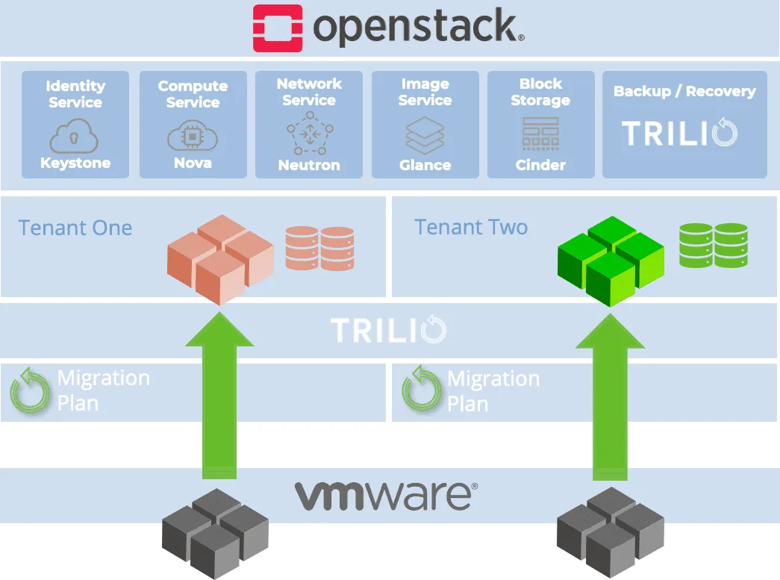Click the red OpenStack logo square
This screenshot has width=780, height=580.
point(278,28)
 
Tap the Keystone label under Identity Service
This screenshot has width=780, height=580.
point(75,163)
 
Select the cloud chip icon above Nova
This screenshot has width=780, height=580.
point(193,137)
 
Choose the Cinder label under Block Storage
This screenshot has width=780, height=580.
point(540,165)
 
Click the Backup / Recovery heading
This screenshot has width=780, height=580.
point(684,92)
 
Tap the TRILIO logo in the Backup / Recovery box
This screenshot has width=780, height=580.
point(680,133)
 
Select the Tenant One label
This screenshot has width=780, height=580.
point(75,228)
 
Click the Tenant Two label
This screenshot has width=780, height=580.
point(471,227)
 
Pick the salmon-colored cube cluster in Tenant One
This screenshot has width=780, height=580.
point(220,258)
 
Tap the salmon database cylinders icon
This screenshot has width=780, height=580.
point(319,249)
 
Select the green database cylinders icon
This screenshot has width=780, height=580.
point(714,246)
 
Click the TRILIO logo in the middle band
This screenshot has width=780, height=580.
point(388,330)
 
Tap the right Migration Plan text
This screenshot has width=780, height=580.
point(493,391)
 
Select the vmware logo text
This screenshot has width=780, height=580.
point(385,495)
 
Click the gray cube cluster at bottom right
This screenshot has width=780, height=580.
point(611,531)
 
